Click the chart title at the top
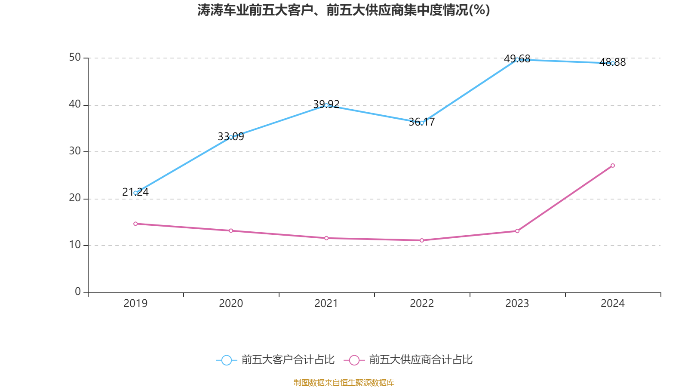(344, 10)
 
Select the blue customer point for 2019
(135, 193)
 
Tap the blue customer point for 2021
(326, 105)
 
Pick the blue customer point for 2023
(517, 59)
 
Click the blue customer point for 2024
(613, 63)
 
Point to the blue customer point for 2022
(422, 123)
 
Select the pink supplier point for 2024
(613, 166)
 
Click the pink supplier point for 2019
(135, 224)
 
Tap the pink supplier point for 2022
(422, 240)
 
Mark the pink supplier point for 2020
(231, 230)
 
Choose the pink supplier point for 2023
(517, 231)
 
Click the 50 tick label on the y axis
(75, 57)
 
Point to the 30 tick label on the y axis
(75, 151)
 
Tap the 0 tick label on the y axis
(78, 292)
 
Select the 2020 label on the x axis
(231, 304)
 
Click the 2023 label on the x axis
(517, 304)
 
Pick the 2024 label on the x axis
(613, 304)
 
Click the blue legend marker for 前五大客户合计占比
(226, 360)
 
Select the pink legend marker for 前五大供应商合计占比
(354, 360)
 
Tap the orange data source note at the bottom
(344, 382)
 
